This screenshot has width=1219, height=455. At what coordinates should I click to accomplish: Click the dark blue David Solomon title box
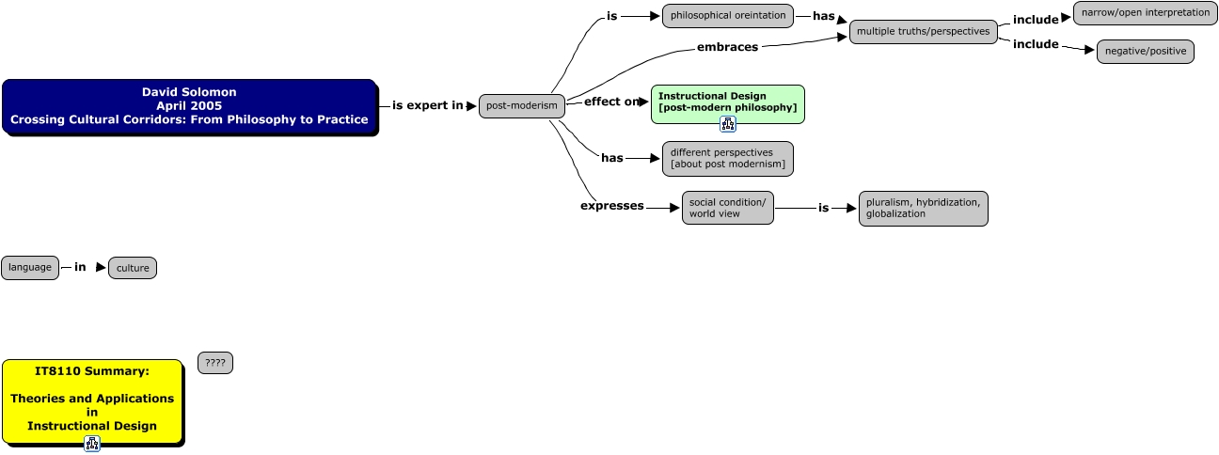point(189,106)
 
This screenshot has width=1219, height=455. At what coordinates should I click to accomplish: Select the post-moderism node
point(522,105)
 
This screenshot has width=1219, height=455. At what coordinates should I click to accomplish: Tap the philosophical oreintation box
point(728,15)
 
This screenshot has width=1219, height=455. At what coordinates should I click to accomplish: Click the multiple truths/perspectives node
point(924,32)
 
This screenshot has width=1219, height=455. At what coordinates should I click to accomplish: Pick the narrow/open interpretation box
point(1145,13)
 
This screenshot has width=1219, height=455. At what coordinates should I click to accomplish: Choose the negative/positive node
point(1145,51)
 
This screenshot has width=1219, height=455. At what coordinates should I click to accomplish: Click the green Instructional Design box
point(727,102)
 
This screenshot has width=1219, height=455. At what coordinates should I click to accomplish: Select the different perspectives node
point(727,158)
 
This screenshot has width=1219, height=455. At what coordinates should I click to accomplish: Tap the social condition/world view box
point(727,208)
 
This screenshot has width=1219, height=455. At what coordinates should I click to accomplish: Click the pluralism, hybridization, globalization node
point(923,208)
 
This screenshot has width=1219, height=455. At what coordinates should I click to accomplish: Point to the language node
point(30,267)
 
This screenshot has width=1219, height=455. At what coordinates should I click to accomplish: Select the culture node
point(133,268)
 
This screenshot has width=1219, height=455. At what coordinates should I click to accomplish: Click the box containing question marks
point(215,363)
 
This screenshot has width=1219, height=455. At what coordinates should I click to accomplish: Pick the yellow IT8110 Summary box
point(92,400)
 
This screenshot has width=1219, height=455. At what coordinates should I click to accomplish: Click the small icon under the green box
point(727,125)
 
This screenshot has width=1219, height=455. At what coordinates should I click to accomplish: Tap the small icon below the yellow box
point(92,444)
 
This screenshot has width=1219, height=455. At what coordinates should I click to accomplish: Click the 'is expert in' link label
point(428,105)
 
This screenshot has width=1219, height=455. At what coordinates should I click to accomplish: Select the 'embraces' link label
point(727,47)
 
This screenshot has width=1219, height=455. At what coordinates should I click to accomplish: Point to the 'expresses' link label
point(611,206)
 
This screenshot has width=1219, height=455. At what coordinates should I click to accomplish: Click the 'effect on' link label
point(610,102)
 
